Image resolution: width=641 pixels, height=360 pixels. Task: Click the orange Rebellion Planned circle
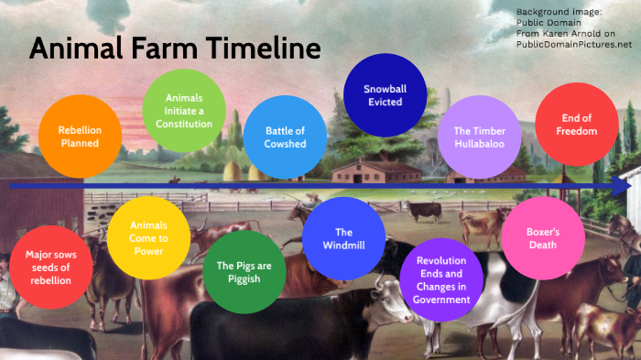point(80,136)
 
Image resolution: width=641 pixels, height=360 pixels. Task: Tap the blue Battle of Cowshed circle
point(286,136)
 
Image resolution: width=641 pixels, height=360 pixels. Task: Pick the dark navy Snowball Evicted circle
point(385,95)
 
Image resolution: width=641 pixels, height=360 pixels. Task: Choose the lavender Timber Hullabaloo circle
point(480,136)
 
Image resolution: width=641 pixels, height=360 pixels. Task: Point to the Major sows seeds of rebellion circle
point(49,267)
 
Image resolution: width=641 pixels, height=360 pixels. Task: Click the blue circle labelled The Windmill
point(343,238)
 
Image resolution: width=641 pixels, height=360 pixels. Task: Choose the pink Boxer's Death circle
point(543,238)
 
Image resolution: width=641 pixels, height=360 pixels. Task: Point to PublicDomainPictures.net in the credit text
point(574,43)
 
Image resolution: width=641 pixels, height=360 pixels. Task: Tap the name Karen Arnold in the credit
point(581,33)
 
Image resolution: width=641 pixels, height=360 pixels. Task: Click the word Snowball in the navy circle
point(385,89)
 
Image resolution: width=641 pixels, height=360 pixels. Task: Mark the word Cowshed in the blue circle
point(286,144)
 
